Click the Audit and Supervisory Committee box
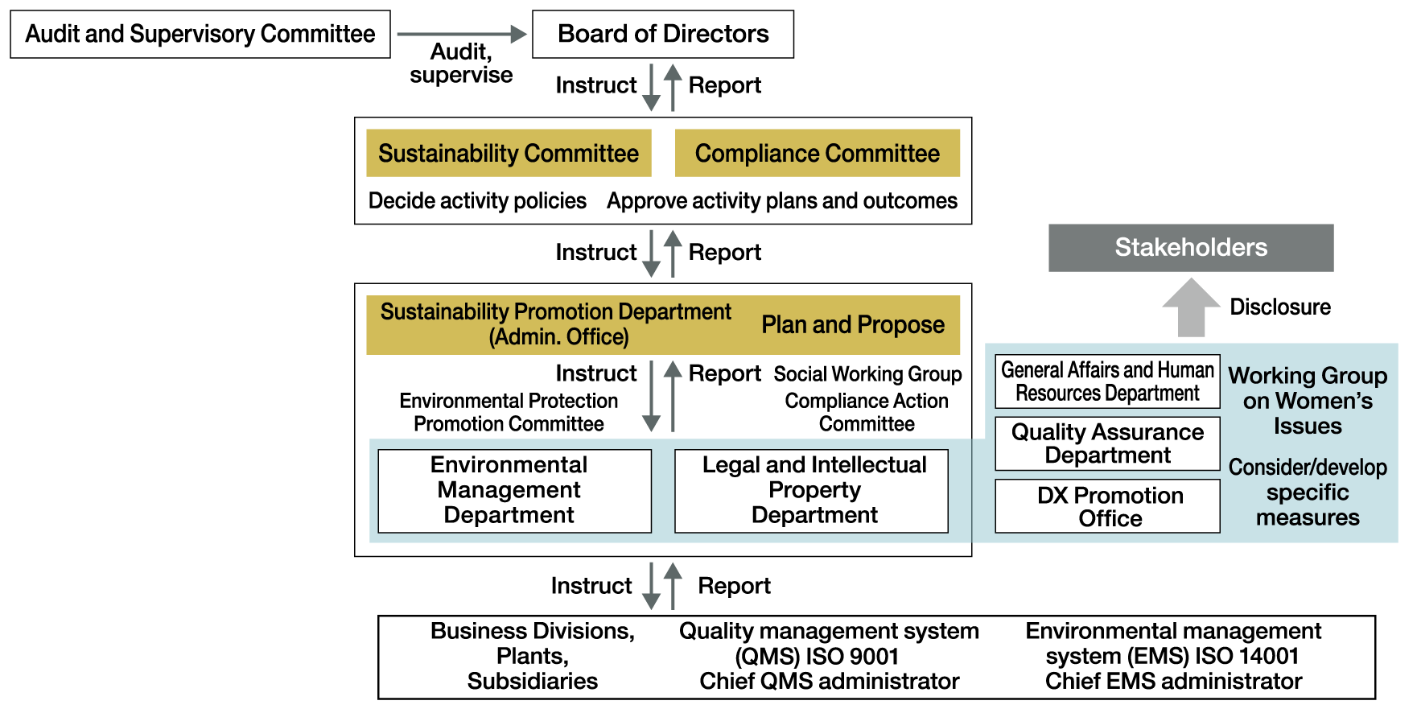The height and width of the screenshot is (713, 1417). pos(200,34)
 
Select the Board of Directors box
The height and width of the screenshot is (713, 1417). pos(663,34)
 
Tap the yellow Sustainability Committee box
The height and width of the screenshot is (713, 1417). pos(509,153)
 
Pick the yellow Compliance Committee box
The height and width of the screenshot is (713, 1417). pos(818,153)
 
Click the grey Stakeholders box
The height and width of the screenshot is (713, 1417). pos(1191,248)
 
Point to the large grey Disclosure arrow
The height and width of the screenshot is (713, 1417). pos(1192,307)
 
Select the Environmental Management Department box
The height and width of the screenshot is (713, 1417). pos(514,491)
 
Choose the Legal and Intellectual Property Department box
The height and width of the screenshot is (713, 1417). pos(811,491)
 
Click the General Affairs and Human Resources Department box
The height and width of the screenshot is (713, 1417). pos(1107,381)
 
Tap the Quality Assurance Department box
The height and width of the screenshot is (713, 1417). pos(1107,443)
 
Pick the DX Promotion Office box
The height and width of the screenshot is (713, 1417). pos(1107,506)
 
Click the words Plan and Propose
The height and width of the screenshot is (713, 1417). pos(853,325)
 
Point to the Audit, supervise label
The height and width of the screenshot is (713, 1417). pos(461,64)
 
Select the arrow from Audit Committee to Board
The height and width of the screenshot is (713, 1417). pos(461,34)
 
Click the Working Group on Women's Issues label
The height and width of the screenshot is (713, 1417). pos(1308,401)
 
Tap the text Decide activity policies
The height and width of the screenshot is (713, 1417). pos(477,200)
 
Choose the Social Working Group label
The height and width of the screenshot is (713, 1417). pos(867,374)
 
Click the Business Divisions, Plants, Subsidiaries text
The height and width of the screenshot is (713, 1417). pos(533,656)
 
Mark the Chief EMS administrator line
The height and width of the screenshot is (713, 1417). pos(1173,682)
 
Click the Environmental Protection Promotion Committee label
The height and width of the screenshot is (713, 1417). pos(509,412)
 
